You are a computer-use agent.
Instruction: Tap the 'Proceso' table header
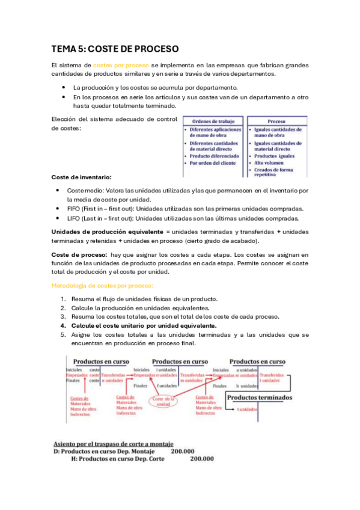click(276, 121)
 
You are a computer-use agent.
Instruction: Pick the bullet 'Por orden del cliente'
click(214, 162)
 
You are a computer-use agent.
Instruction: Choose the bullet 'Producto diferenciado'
click(214, 155)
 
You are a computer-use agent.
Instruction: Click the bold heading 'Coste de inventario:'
click(81, 177)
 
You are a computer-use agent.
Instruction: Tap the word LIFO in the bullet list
click(75, 218)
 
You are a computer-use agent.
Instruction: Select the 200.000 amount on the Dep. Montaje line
click(182, 450)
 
